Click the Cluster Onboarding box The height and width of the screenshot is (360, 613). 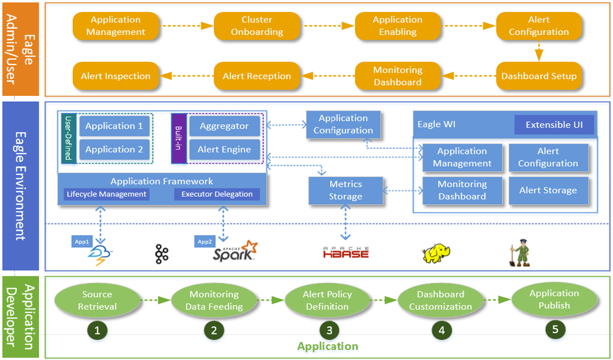point(256,26)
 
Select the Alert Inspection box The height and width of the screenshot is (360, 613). point(115,76)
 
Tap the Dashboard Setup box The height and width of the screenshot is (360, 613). point(539,76)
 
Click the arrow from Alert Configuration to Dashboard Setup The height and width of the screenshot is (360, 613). point(539,51)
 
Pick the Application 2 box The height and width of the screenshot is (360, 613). point(114,149)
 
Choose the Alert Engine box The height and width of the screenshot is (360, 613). point(224,149)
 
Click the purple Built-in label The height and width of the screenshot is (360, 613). point(179,138)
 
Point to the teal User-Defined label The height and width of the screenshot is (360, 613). point(68,138)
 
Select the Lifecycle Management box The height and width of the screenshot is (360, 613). point(107,194)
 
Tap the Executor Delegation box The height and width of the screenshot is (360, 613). point(217,194)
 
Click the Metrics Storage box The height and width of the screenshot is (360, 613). point(346,191)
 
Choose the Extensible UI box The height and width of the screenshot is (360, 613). point(554,125)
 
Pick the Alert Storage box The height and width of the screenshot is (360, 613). point(548,191)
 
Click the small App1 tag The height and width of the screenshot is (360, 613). point(82,242)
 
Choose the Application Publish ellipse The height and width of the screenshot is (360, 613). point(554,299)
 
